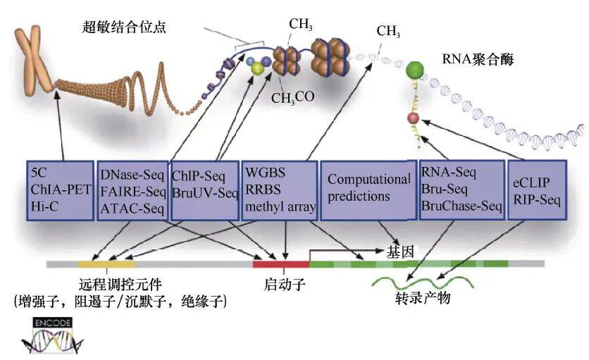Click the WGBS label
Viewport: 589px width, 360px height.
263,173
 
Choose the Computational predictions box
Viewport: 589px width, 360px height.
368,188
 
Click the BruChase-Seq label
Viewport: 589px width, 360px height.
461,206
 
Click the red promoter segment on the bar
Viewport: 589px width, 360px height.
281,263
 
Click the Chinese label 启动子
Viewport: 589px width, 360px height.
281,287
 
